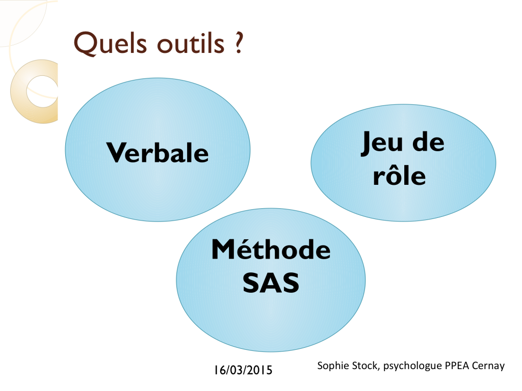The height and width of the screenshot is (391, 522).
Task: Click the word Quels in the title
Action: click(110, 43)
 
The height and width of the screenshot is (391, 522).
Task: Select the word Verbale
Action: click(158, 153)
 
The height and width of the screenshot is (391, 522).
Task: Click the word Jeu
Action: click(382, 143)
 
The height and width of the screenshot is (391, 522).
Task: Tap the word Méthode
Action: click(271, 249)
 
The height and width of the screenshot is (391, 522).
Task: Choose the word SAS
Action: click(271, 283)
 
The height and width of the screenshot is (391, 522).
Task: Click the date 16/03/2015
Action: click(243, 370)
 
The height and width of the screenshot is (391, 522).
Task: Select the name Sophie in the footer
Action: click(333, 366)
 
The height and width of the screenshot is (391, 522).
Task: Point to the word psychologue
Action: click(412, 366)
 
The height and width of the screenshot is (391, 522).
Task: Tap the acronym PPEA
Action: click(457, 366)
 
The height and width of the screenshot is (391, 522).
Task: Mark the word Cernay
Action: click(488, 366)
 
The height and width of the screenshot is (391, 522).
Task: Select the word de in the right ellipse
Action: click(428, 142)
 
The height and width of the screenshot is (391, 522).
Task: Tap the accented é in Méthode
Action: click(245, 249)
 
